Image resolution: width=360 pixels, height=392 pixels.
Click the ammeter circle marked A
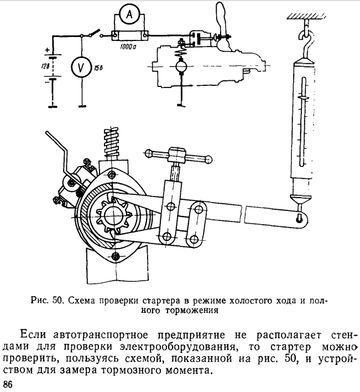point(129,16)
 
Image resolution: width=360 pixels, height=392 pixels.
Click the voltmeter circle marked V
point(81,69)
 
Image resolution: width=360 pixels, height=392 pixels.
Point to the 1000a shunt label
point(129,48)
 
